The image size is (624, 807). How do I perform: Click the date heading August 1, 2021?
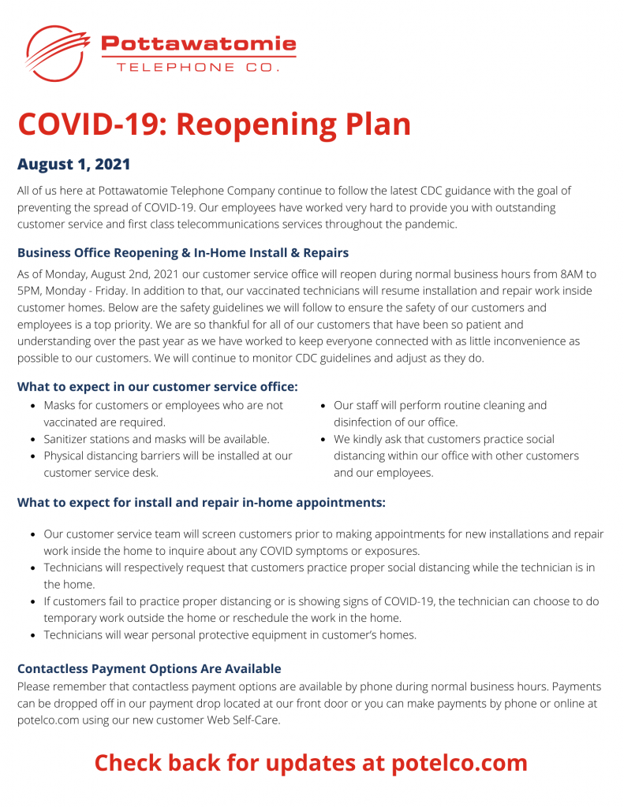click(x=73, y=165)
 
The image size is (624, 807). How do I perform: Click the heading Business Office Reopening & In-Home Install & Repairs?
click(x=183, y=253)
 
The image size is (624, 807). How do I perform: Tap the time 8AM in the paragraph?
click(x=568, y=274)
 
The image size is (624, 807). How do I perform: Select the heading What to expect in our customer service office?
click(x=158, y=386)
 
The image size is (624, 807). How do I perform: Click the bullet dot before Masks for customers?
click(x=32, y=406)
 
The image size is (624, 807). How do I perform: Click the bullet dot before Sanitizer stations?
click(x=32, y=440)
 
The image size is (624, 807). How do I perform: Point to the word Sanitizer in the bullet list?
click(x=69, y=439)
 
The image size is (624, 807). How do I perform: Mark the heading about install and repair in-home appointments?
click(x=201, y=502)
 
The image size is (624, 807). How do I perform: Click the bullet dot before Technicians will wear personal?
click(x=32, y=635)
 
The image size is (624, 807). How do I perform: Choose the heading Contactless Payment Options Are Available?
click(x=149, y=669)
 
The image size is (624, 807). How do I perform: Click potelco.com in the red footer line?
click(x=456, y=763)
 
